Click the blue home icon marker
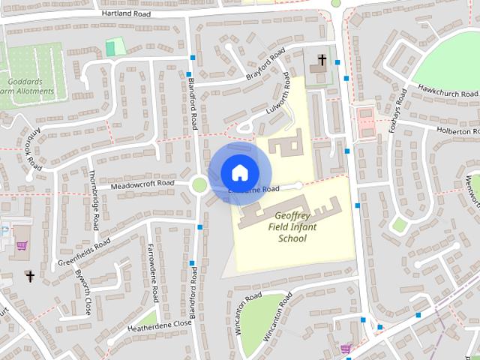click(238, 172)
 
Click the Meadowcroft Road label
click(142, 184)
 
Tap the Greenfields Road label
click(84, 252)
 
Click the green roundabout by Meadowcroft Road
click(199, 184)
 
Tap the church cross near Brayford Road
click(322, 59)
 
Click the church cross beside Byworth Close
click(31, 277)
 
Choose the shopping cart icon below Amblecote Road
click(22, 244)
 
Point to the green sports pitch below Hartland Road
click(115, 47)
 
